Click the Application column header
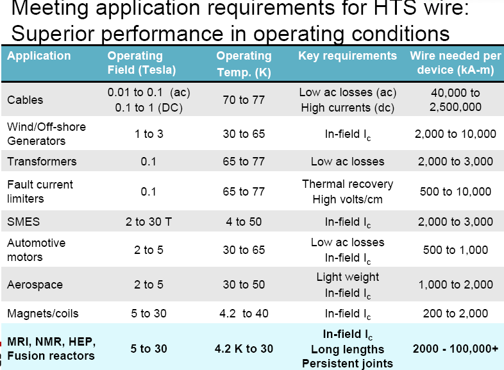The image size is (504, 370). point(38,56)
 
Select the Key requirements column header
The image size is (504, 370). point(348,56)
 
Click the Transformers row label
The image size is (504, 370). point(42,161)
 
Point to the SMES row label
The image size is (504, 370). point(23,222)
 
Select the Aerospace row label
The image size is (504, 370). point(35,284)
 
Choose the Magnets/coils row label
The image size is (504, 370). point(43,314)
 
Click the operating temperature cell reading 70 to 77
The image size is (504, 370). point(244,99)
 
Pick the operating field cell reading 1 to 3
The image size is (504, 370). point(148,134)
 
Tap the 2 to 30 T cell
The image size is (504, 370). point(148,222)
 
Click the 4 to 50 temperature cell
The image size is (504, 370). point(244,222)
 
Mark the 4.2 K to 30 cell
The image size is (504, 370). point(244,349)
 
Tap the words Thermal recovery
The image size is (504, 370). point(348,184)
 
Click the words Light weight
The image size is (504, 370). point(348,277)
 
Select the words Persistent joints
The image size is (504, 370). point(348,363)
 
